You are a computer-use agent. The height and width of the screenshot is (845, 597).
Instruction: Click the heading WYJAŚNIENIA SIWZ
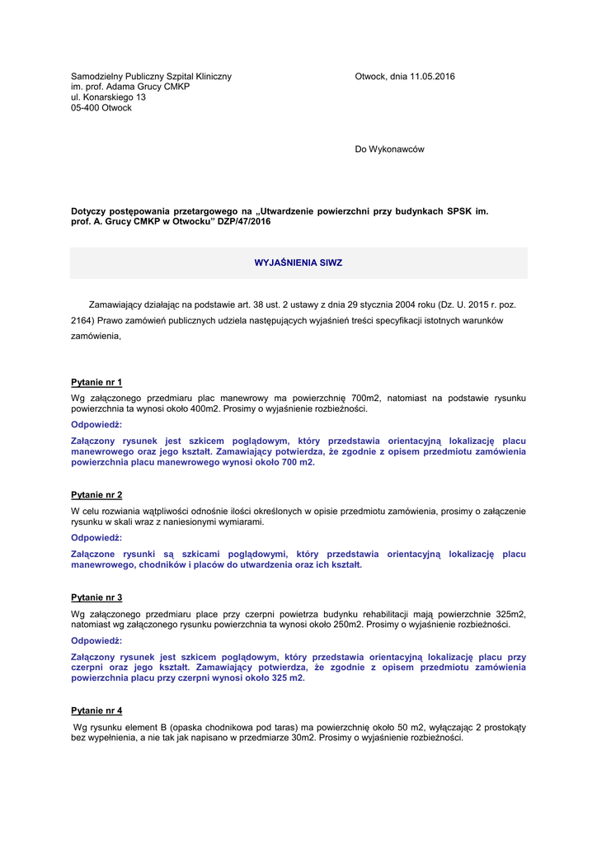click(298, 262)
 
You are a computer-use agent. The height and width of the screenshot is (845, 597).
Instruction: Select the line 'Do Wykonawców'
click(389, 149)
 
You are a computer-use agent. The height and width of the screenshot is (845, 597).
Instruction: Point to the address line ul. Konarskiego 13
click(109, 97)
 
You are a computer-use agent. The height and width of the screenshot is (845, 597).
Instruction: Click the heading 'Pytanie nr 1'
click(96, 382)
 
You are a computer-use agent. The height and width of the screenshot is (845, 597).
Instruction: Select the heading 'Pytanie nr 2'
click(96, 495)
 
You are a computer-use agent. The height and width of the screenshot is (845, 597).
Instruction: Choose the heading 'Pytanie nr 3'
click(96, 597)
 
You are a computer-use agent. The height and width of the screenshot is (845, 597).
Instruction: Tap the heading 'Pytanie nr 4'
click(96, 710)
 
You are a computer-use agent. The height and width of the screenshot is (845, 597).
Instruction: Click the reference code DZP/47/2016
click(245, 222)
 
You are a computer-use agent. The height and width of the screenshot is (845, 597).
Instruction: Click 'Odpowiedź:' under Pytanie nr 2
click(96, 537)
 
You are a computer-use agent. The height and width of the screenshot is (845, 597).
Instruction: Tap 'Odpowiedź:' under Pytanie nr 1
click(96, 424)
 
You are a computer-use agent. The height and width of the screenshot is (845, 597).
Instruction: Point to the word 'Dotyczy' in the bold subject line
click(88, 211)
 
